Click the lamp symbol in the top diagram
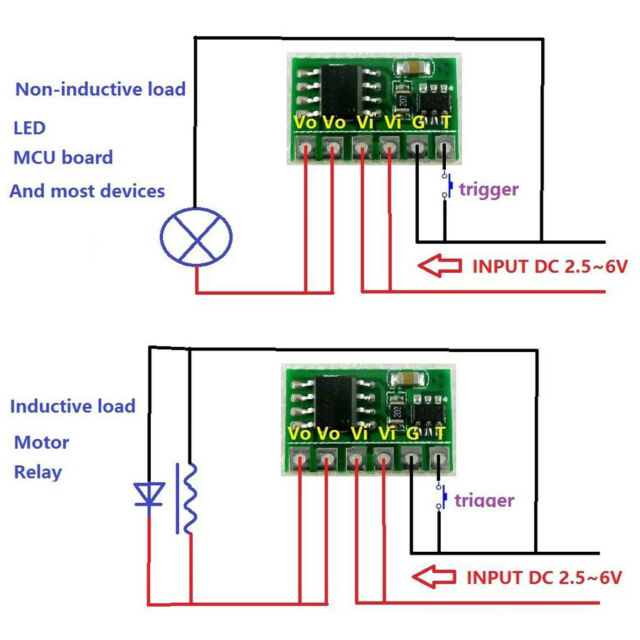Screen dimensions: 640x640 pyautogui.click(x=196, y=236)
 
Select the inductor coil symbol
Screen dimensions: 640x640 pyautogui.click(x=187, y=498)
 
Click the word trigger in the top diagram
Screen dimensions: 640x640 pyautogui.click(x=488, y=188)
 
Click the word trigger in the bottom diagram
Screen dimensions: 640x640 pyautogui.click(x=484, y=500)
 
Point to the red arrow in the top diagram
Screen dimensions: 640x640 pyautogui.click(x=437, y=266)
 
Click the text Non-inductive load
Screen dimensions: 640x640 pyautogui.click(x=100, y=89)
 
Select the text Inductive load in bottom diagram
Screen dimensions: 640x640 pyautogui.click(x=73, y=406)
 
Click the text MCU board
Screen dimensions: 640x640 pyautogui.click(x=62, y=158)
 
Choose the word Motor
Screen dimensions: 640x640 pyautogui.click(x=41, y=442)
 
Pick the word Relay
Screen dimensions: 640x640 pyautogui.click(x=38, y=472)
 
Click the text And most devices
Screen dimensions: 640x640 pyautogui.click(x=87, y=190)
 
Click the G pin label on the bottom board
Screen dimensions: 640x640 pyautogui.click(x=412, y=433)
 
